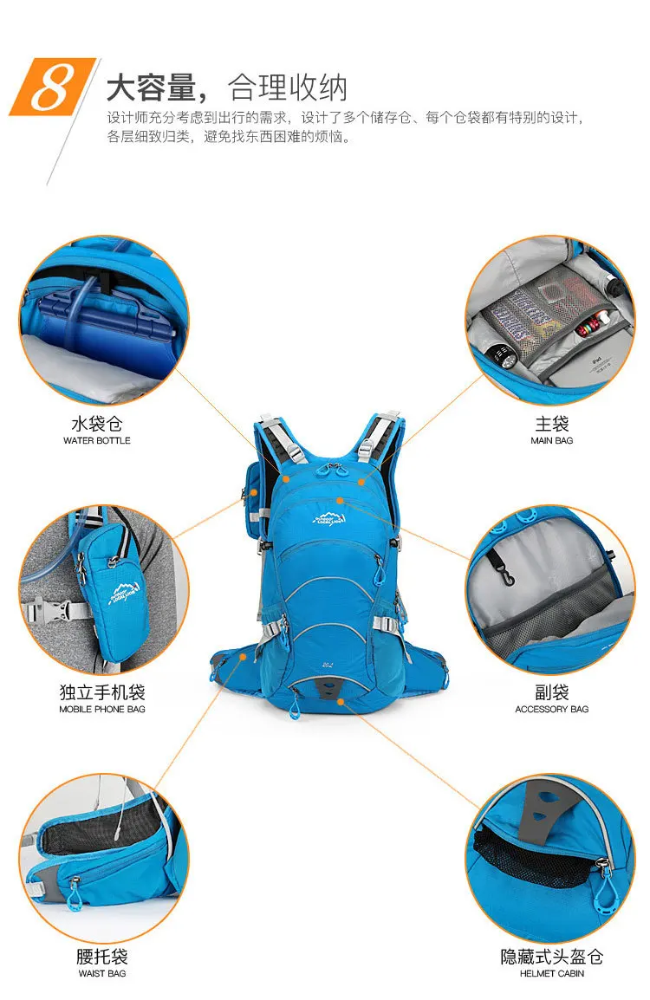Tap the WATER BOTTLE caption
97,441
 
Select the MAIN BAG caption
551,441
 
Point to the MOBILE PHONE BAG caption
102,709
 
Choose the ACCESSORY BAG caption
551,709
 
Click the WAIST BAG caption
102,973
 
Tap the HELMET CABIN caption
551,973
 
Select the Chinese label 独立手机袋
102,692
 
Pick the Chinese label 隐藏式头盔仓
551,956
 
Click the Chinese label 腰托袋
102,956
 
